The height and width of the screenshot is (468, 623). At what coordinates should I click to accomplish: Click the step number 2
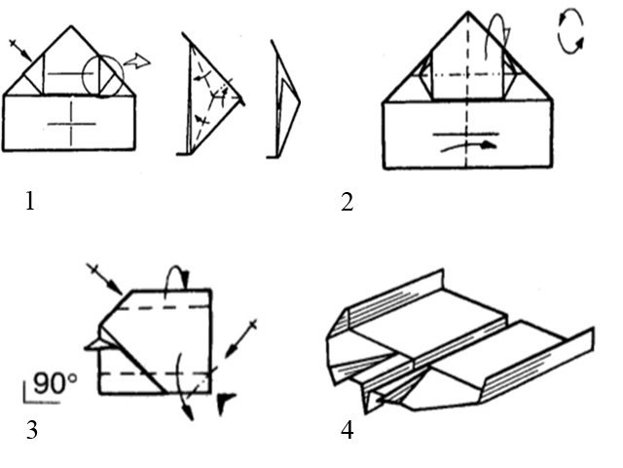click(347, 203)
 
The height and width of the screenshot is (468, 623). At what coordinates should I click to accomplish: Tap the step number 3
click(32, 429)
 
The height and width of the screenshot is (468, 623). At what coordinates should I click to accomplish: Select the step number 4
click(348, 429)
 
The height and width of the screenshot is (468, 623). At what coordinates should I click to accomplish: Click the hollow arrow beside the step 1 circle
click(140, 62)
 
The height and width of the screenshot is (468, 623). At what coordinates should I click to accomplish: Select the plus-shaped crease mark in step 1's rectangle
click(72, 123)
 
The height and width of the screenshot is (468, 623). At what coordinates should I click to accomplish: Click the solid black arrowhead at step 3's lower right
click(228, 399)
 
